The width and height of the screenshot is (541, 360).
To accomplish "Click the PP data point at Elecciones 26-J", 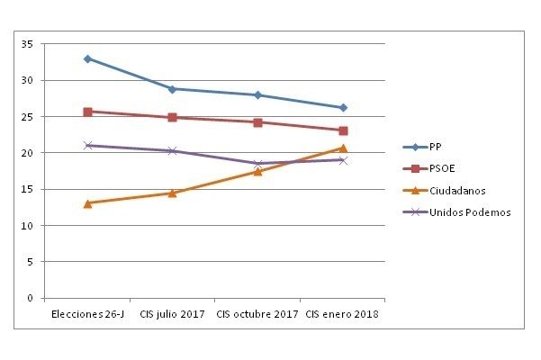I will coord(87,58).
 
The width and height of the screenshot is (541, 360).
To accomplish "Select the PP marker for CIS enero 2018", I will coord(343,108).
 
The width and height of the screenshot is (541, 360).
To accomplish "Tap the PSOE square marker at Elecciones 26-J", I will coord(87,112).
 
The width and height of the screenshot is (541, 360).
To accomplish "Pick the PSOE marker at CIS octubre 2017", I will coord(257,122).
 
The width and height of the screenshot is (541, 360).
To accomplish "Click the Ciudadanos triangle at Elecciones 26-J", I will coord(87,203).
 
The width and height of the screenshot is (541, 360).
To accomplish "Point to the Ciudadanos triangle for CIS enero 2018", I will coord(343,148).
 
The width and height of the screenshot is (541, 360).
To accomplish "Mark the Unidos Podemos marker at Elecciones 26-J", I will coord(87,145).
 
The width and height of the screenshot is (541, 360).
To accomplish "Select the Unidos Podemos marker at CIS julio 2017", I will coord(172,150).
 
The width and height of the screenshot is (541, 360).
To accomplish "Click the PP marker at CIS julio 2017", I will coord(172,89).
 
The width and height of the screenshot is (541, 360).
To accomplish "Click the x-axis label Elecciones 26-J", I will coord(86,314).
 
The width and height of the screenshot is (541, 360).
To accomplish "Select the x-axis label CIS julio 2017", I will coord(172,314).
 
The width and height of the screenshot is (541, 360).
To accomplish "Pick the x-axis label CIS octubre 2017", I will coord(257,314).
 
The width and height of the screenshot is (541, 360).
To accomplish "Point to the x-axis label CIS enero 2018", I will coord(342,314).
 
